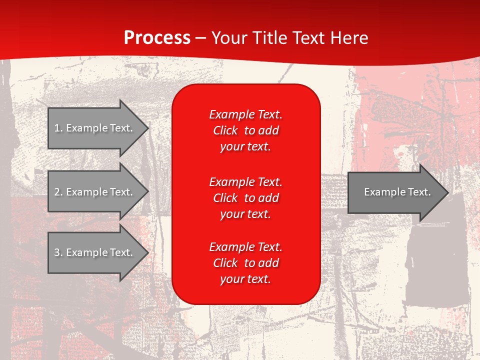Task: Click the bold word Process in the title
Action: pos(157,38)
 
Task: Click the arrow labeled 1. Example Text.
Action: pos(95,128)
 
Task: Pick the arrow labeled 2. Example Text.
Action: pos(95,192)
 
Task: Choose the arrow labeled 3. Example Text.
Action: pos(95,252)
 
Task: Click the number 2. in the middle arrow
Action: pos(58,192)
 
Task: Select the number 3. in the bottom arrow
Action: pos(58,252)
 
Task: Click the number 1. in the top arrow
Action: pos(58,128)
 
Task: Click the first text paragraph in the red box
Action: pos(245,130)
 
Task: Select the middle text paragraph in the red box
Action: pos(245,198)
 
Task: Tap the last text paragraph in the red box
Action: pos(245,263)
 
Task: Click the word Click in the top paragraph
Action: pos(225,130)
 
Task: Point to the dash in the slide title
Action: pos(201,38)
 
